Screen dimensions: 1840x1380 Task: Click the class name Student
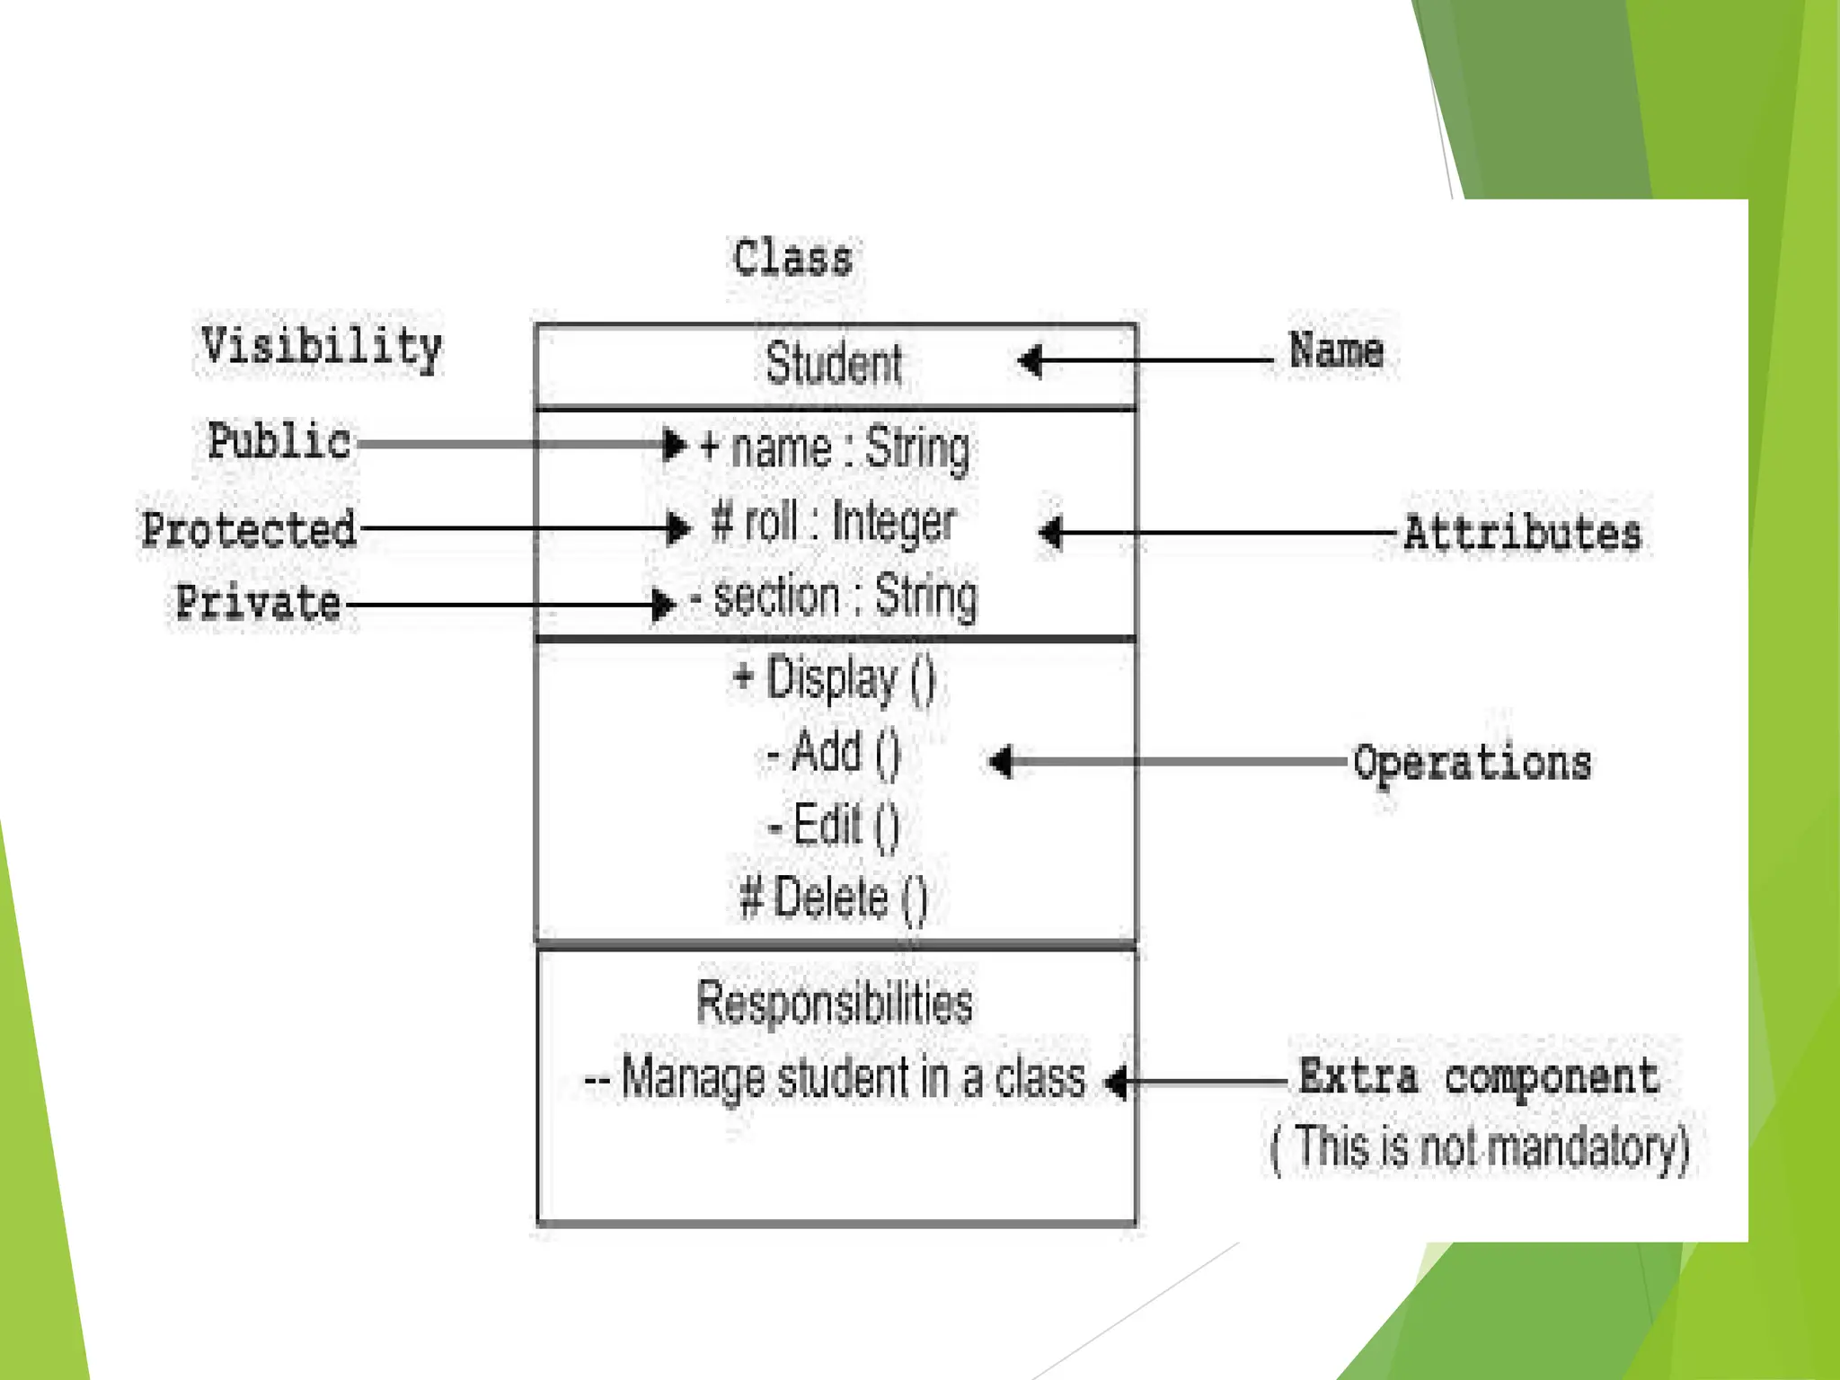(x=834, y=364)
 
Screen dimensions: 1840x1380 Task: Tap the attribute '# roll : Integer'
(x=833, y=522)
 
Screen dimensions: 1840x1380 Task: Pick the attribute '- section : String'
(x=834, y=597)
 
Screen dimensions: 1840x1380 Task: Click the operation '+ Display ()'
(x=835, y=679)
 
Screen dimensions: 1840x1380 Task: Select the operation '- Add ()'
(x=834, y=753)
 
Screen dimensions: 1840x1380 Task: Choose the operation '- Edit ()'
(x=834, y=826)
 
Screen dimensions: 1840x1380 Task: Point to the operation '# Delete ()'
(x=833, y=898)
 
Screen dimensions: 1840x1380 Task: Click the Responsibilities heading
(x=835, y=1003)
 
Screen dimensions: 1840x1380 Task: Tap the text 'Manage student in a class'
(x=853, y=1078)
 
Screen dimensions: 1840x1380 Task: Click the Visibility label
(x=322, y=346)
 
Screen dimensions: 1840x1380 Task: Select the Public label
(x=279, y=441)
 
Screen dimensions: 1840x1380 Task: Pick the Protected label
(x=250, y=529)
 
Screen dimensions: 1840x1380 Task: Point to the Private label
(x=258, y=602)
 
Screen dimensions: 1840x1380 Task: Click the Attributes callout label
(x=1522, y=533)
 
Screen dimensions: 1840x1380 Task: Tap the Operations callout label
(x=1473, y=764)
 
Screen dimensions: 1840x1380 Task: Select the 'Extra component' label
(x=1479, y=1077)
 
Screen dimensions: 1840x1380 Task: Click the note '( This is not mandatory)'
(x=1480, y=1148)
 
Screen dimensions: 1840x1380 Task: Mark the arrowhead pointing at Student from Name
(x=1030, y=361)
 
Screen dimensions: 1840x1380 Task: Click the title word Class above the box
(x=792, y=259)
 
